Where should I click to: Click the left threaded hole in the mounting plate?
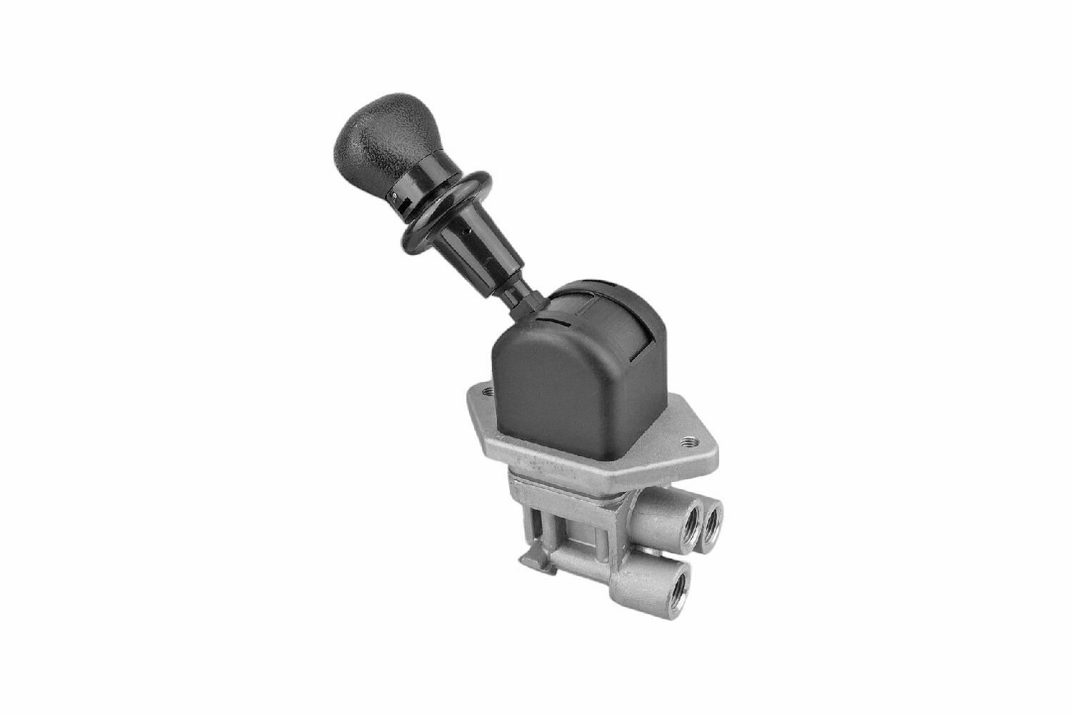tap(488, 391)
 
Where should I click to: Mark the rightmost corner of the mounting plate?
tap(707, 446)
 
